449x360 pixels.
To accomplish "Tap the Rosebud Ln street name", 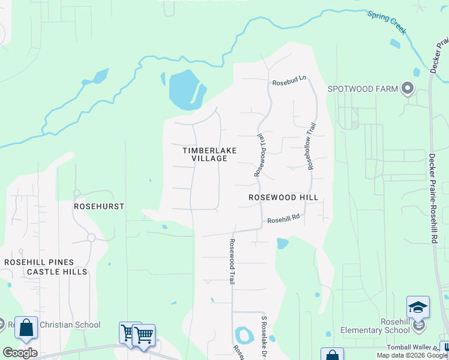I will point(289,82).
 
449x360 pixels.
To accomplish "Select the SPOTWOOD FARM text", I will point(363,89).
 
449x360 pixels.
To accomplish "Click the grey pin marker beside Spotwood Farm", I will point(408,89).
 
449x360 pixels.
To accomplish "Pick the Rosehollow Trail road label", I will point(312,146).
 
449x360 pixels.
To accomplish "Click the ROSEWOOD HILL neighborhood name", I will point(283,197).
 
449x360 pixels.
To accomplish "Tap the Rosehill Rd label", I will point(283,220).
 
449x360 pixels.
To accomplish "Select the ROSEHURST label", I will point(98,206).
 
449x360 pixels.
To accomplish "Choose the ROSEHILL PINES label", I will point(39,262).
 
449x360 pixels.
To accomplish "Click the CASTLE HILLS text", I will point(57,272).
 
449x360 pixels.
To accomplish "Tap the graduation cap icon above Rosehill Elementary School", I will point(418,308).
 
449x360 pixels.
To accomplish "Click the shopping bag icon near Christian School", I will point(26,328).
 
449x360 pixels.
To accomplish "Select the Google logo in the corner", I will point(20,352).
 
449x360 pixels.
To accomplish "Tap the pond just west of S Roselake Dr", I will point(244,334).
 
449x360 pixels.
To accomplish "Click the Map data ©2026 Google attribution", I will point(412,356).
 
